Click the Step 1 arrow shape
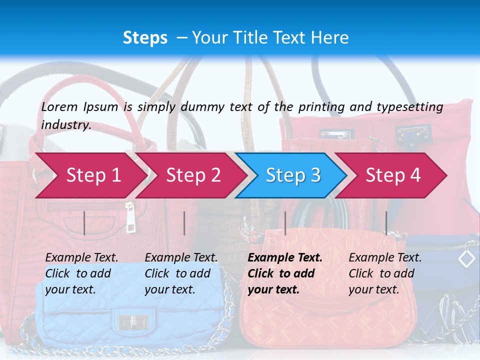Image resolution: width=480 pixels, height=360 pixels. click(90, 175)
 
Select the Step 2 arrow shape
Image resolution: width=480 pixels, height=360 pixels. click(192, 175)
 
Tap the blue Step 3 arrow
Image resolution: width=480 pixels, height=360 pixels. click(292, 175)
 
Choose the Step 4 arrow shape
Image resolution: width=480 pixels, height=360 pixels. click(392, 175)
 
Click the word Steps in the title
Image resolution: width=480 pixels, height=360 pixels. click(145, 37)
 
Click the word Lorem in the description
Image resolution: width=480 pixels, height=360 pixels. click(59, 106)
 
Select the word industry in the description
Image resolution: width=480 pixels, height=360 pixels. click(65, 125)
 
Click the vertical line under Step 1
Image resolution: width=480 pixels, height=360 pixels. click(84, 223)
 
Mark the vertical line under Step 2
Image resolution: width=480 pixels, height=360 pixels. click(184, 223)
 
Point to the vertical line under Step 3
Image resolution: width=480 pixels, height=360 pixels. click(285, 223)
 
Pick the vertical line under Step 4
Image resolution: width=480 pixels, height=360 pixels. click(386, 223)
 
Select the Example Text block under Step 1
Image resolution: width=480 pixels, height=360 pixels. click(81, 273)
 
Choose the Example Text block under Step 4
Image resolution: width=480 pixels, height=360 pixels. click(385, 273)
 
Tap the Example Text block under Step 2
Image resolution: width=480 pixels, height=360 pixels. click(181, 273)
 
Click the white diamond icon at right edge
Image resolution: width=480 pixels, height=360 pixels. click(466, 258)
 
